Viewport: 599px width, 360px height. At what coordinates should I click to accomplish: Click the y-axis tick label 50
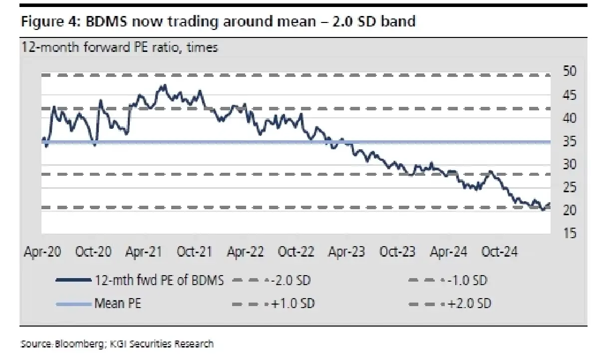[x=570, y=72]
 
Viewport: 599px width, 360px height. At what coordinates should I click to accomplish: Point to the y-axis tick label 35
[x=570, y=142]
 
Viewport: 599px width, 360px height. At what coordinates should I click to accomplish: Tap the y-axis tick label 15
[x=570, y=234]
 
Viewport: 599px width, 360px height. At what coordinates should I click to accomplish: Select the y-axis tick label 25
[x=570, y=188]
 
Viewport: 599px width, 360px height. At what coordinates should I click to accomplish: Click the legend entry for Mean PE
[x=118, y=304]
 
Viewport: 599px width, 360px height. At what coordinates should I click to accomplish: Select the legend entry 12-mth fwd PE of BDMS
[x=159, y=281]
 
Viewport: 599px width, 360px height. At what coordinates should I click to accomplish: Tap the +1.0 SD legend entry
[x=292, y=304]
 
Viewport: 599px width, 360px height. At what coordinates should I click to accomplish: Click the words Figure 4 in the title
[x=49, y=22]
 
